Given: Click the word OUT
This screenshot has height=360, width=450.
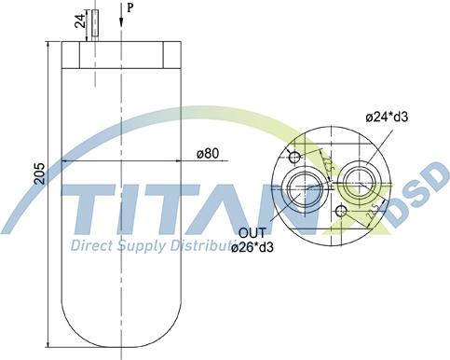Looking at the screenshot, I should (252, 233).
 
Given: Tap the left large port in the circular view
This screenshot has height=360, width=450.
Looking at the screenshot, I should (305, 186).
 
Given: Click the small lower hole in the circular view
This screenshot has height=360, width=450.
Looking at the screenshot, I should (342, 213).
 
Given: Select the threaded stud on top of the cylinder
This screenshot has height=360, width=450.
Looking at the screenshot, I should (95, 24).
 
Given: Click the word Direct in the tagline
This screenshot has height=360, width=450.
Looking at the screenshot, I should (93, 246).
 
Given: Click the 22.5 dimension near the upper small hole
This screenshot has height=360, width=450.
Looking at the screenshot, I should (329, 164).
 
